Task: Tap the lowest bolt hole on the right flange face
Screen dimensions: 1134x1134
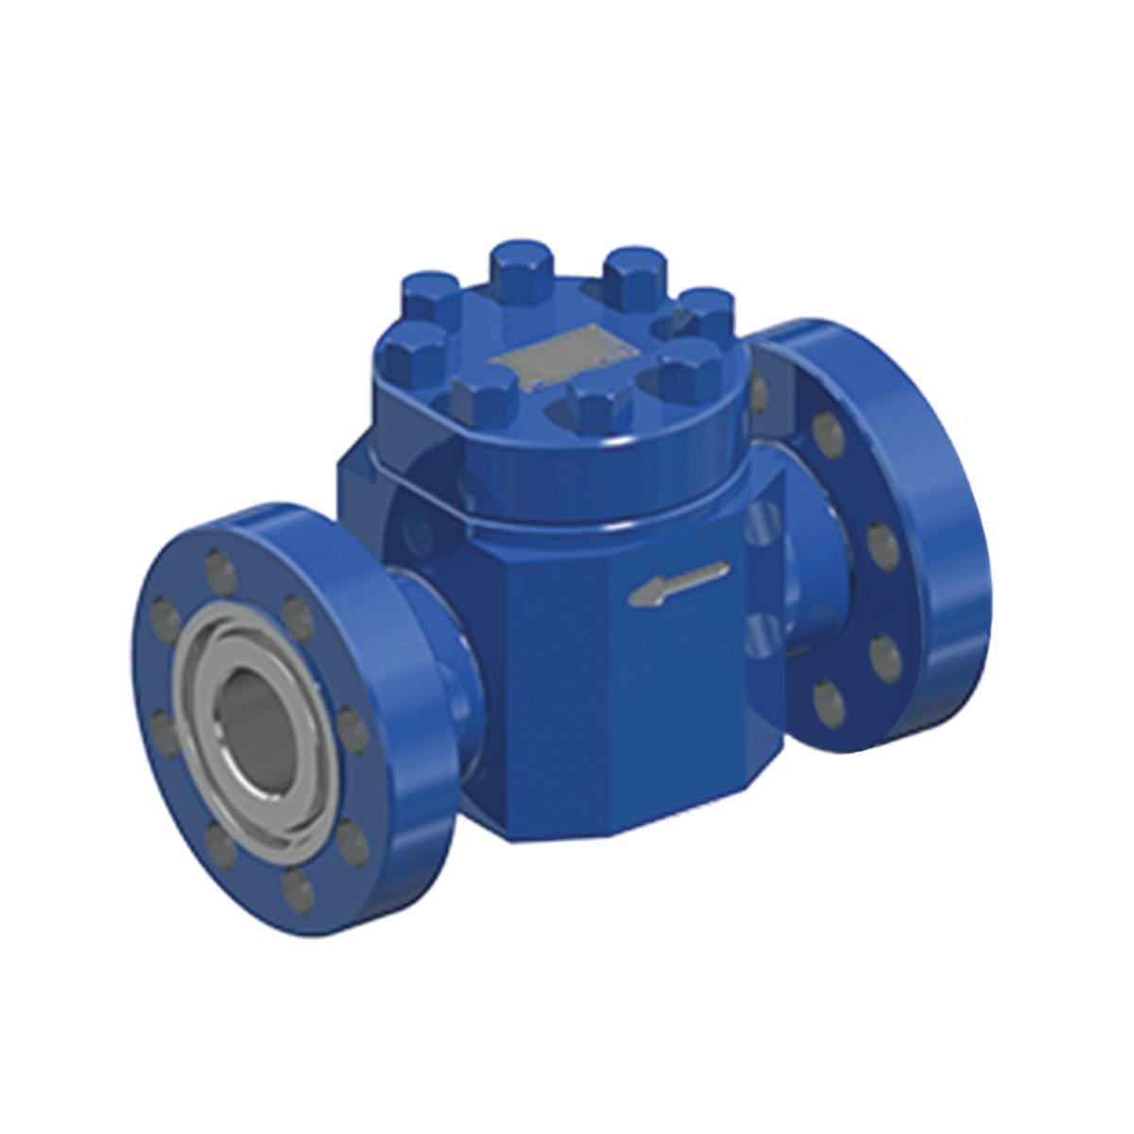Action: click(x=830, y=699)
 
